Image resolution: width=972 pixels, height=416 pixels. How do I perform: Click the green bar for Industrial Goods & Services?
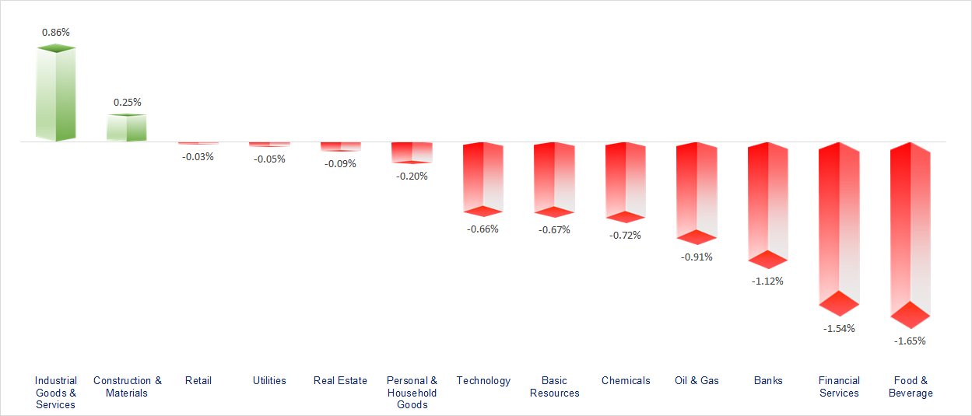(x=56, y=93)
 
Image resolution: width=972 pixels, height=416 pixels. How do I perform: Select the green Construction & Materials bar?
(x=127, y=128)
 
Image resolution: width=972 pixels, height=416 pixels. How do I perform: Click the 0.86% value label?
(x=56, y=33)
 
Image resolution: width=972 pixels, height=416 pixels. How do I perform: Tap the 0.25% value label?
(x=128, y=102)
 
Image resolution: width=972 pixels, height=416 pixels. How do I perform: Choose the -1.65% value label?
(x=911, y=341)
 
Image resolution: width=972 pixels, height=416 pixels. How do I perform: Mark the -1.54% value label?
(x=839, y=328)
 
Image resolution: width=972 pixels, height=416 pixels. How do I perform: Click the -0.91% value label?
(x=697, y=257)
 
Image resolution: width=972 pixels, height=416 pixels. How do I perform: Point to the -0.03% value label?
(x=198, y=156)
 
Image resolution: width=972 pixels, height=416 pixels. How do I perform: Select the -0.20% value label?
(x=412, y=176)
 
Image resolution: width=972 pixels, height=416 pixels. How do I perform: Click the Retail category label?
(x=198, y=380)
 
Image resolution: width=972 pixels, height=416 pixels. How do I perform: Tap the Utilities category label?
(x=269, y=380)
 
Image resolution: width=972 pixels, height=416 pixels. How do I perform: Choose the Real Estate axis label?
(x=340, y=380)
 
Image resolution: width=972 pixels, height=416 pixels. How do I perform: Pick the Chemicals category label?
(x=626, y=380)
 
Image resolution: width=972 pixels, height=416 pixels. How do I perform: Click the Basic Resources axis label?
(x=555, y=386)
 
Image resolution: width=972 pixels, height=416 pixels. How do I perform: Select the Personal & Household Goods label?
(x=412, y=393)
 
